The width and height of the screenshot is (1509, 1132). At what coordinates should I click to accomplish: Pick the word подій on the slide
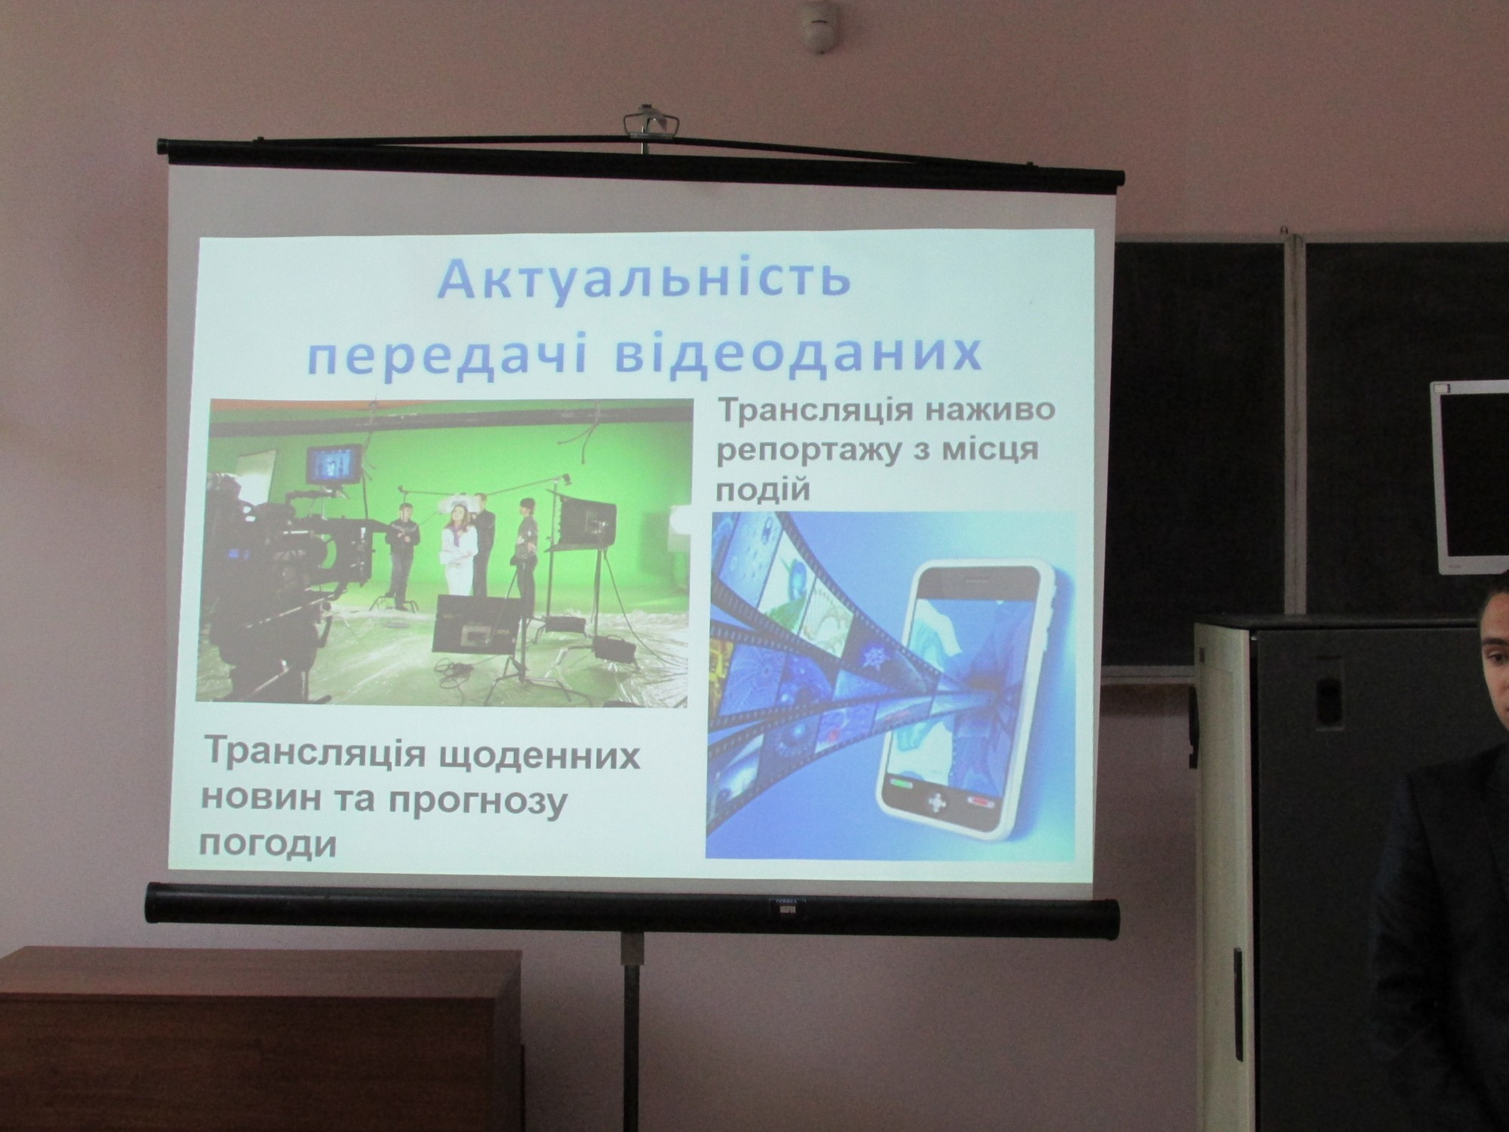[x=762, y=491]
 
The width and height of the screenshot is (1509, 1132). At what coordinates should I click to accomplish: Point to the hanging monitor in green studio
[x=333, y=465]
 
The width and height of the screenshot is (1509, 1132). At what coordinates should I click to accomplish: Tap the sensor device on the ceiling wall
[x=818, y=15]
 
